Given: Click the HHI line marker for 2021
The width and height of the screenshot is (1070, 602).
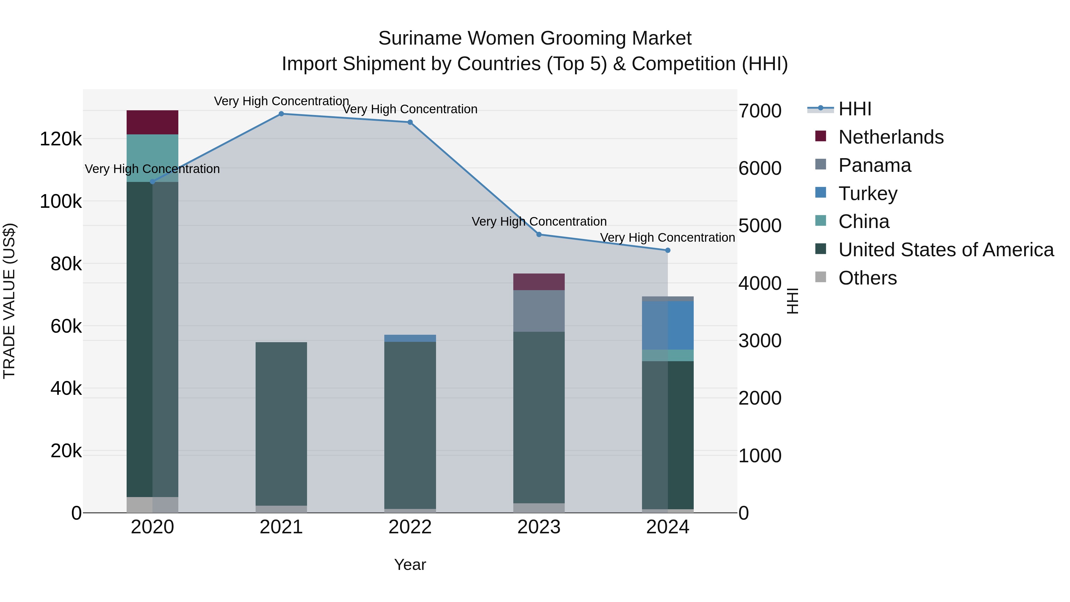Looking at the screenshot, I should pyautogui.click(x=281, y=114).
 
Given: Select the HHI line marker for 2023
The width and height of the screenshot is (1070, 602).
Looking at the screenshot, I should pyautogui.click(x=539, y=234).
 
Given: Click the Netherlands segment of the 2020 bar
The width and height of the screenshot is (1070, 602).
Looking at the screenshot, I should pyautogui.click(x=152, y=122).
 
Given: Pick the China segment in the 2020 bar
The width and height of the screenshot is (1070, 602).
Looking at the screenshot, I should pyautogui.click(x=152, y=158).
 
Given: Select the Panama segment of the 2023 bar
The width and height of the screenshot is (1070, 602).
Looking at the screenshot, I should pyautogui.click(x=539, y=311).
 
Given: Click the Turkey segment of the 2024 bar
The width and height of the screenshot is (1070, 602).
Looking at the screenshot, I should pyautogui.click(x=668, y=325).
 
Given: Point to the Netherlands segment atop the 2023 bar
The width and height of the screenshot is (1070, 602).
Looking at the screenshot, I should pyautogui.click(x=539, y=282).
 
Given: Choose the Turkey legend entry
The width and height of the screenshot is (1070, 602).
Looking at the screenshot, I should pyautogui.click(x=867, y=194).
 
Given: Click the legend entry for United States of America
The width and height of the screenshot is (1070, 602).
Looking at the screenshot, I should pyautogui.click(x=945, y=250).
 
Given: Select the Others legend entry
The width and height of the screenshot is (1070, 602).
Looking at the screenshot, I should pyautogui.click(x=867, y=278).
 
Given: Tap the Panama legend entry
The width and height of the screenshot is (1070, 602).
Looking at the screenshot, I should pyautogui.click(x=874, y=165).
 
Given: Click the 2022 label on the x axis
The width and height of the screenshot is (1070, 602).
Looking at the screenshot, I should pyautogui.click(x=410, y=527).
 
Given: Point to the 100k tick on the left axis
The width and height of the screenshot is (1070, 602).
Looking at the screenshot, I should pyautogui.click(x=61, y=202).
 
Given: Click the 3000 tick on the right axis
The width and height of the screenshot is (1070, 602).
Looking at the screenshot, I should pyautogui.click(x=760, y=341).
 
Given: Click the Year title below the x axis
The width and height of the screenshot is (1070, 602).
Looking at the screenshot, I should pyautogui.click(x=410, y=565).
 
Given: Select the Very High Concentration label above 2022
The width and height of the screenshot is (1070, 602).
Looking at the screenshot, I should pyautogui.click(x=410, y=109).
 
